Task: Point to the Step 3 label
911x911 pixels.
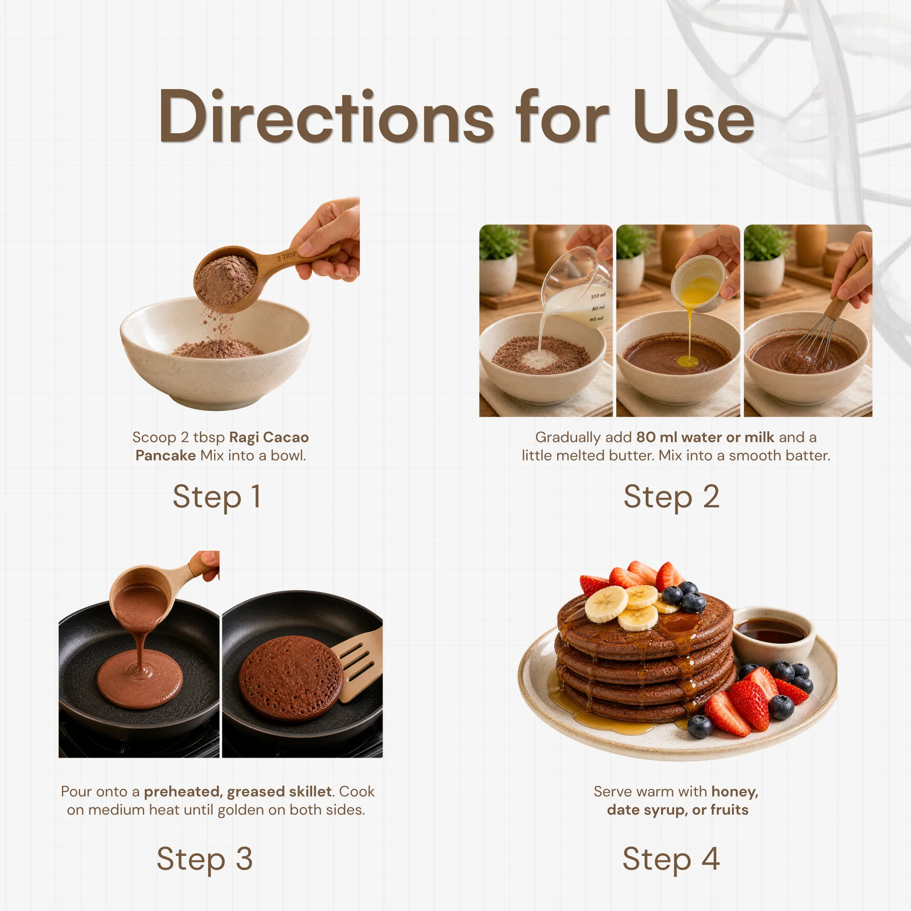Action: [204, 859]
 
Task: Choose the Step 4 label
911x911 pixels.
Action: [671, 859]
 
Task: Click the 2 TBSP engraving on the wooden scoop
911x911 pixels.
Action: [287, 256]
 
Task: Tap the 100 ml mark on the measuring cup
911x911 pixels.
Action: [598, 296]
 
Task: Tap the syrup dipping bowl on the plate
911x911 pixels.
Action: [773, 634]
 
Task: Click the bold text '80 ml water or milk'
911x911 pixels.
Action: [705, 437]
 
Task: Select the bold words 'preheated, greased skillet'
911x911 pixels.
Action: [238, 791]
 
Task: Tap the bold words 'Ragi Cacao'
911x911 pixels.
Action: [269, 437]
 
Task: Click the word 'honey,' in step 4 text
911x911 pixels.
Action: [734, 792]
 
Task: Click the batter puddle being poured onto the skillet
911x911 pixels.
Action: [140, 679]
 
